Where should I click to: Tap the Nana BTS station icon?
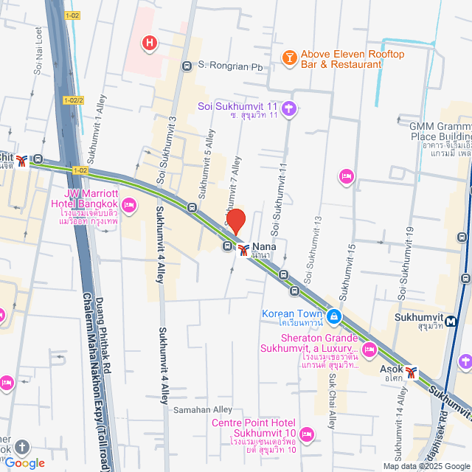tap(243, 250)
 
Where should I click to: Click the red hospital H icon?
tap(150, 44)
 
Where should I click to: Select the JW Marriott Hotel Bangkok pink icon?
tap(130, 204)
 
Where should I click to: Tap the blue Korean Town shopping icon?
tap(334, 316)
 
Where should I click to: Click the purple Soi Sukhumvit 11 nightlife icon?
tap(289, 108)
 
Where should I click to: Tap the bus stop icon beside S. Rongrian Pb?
tap(187, 65)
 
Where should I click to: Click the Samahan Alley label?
tap(202, 409)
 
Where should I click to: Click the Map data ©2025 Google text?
tap(426, 466)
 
